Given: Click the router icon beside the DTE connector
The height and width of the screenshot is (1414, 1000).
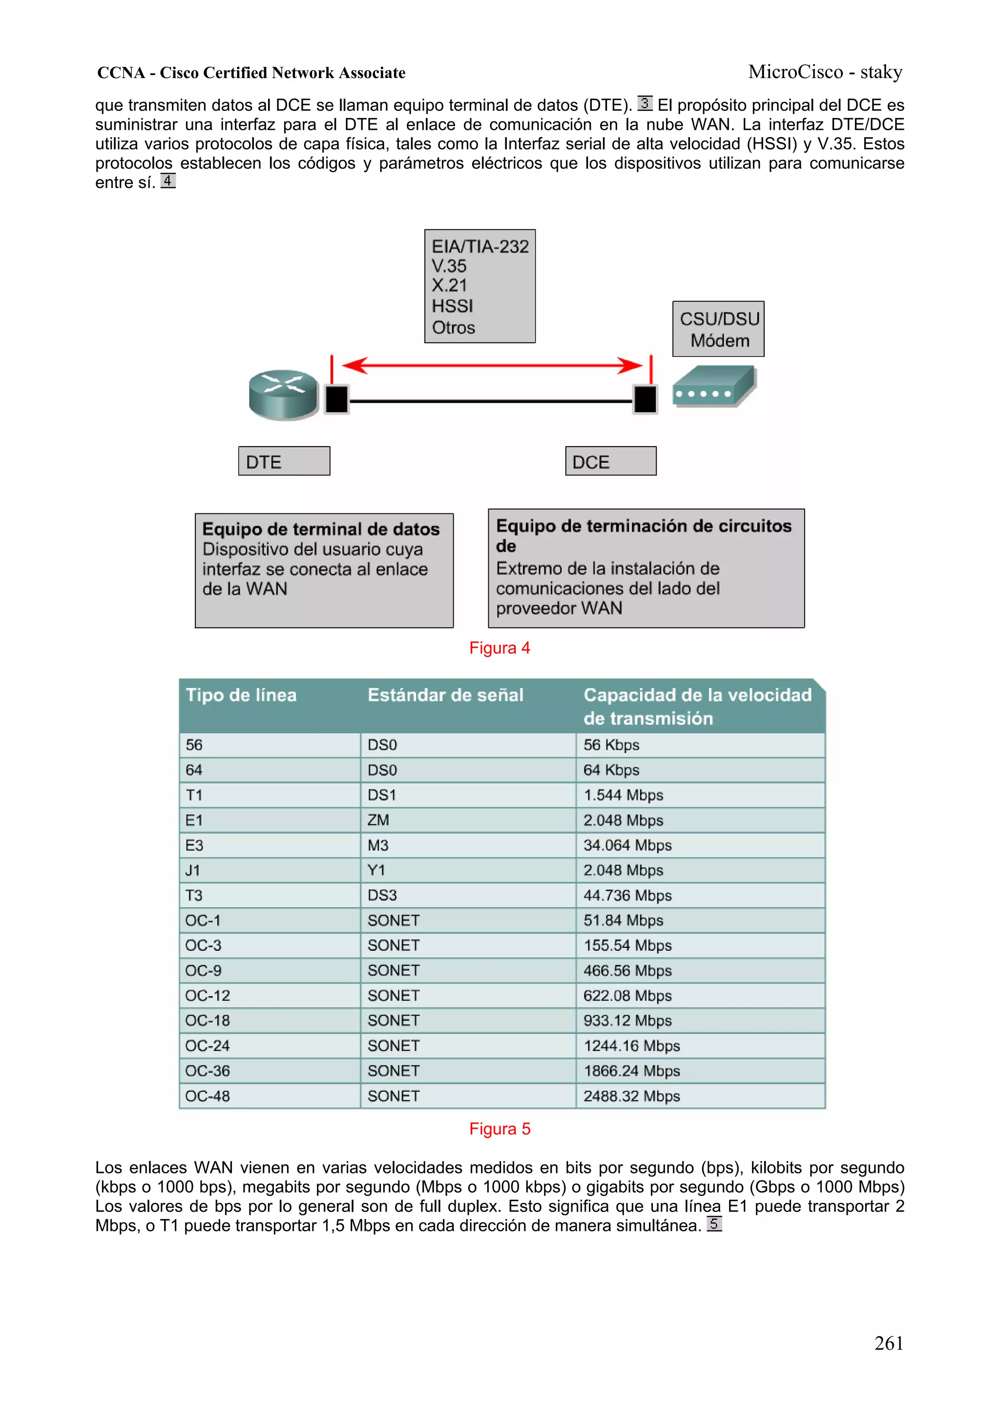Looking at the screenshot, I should pyautogui.click(x=283, y=395).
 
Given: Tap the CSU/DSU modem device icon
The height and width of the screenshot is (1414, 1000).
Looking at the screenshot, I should pyautogui.click(x=714, y=386).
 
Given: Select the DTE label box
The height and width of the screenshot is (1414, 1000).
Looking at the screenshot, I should pyautogui.click(x=284, y=461).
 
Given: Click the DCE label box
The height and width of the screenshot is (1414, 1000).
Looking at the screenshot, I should pyautogui.click(x=611, y=461).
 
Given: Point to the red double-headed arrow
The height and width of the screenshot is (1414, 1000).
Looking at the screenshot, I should pyautogui.click(x=492, y=365).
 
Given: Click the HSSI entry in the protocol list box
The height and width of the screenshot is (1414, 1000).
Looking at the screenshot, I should pyautogui.click(x=452, y=306).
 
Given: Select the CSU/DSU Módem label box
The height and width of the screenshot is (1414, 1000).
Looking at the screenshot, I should pyautogui.click(x=718, y=329).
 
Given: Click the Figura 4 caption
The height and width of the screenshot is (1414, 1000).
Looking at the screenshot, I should pyautogui.click(x=499, y=648).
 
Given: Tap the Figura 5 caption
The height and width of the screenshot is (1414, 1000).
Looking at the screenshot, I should pyautogui.click(x=499, y=1129).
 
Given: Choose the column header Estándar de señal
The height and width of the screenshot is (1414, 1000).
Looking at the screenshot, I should pyautogui.click(x=445, y=696).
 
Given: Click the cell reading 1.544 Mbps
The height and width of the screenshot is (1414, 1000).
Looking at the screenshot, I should pyautogui.click(x=623, y=795).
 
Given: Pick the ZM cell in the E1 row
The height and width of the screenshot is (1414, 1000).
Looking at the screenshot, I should pyautogui.click(x=378, y=820).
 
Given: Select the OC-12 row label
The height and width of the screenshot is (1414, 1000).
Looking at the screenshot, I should pyautogui.click(x=208, y=996).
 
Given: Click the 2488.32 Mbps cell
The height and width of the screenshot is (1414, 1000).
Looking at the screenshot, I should pyautogui.click(x=631, y=1096).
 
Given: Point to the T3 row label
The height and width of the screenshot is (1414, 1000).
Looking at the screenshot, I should pyautogui.click(x=194, y=896).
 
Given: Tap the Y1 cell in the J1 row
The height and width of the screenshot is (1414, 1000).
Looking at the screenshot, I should pyautogui.click(x=376, y=870).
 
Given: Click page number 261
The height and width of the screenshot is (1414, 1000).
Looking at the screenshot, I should pyautogui.click(x=889, y=1343).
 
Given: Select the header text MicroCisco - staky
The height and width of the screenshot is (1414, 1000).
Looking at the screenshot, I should pyautogui.click(x=825, y=72).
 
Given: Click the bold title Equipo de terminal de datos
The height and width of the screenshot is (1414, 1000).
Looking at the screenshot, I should pyautogui.click(x=320, y=529).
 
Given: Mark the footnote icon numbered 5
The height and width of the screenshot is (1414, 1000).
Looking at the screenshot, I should pyautogui.click(x=713, y=1224).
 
